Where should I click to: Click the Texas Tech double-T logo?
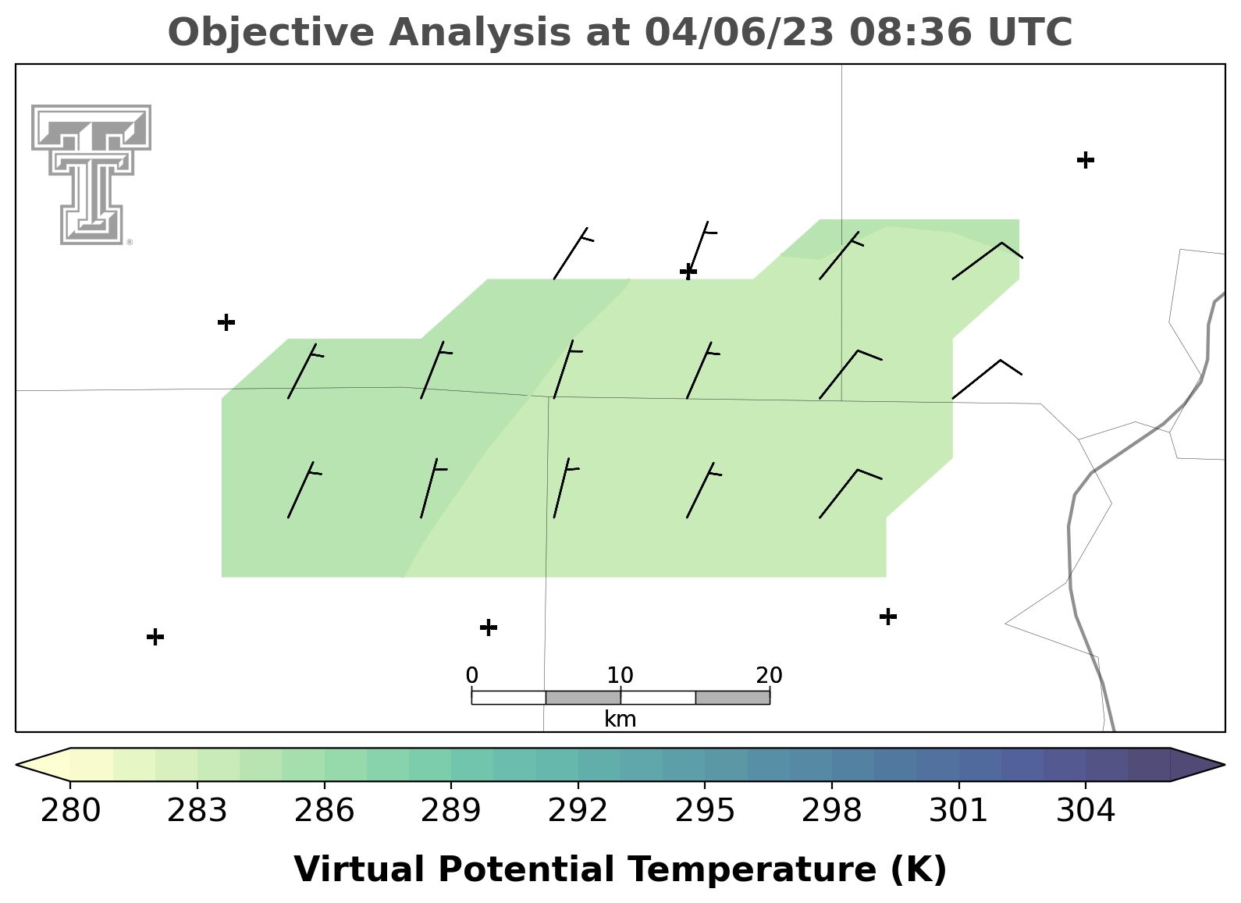coord(91,175)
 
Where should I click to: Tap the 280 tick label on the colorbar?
coord(70,810)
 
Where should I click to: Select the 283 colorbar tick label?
coord(197,810)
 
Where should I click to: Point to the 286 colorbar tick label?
coord(324,810)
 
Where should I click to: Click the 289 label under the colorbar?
coord(451,810)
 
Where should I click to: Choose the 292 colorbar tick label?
coord(578,810)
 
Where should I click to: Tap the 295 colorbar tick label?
coord(705,810)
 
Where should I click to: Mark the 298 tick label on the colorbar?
coord(831,810)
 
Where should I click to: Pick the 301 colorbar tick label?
coord(958,810)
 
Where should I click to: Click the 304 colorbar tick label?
coord(1086,810)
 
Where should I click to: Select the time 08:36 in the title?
coord(911,32)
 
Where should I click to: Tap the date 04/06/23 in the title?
coord(739,33)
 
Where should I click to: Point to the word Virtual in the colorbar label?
coord(359,869)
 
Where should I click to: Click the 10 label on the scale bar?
coord(620,675)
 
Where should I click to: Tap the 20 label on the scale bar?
coord(769,675)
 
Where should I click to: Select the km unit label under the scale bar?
coord(620,720)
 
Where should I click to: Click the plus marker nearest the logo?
coord(226,322)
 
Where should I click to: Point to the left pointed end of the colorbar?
coord(16,765)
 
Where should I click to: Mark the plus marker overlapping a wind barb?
coord(688,272)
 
